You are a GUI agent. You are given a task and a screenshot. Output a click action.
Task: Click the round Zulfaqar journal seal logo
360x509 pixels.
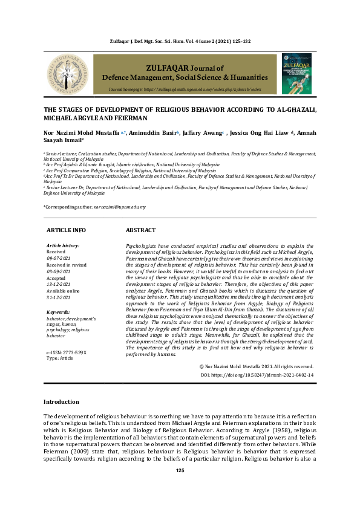pyautogui.click(x=66, y=74)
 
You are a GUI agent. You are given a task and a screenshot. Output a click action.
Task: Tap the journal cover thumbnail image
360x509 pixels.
pyautogui.click(x=298, y=73)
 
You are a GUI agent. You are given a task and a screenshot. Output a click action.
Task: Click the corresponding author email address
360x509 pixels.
pyautogui.click(x=119, y=207)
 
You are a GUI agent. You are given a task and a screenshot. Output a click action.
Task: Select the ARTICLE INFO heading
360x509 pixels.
pyautogui.click(x=66, y=230)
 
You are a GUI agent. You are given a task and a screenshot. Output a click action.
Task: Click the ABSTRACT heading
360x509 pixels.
pyautogui.click(x=140, y=230)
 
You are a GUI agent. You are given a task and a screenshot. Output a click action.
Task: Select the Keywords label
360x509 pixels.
pyautogui.click(x=59, y=312)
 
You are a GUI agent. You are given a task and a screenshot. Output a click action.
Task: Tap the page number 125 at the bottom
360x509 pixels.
pyautogui.click(x=180, y=487)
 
